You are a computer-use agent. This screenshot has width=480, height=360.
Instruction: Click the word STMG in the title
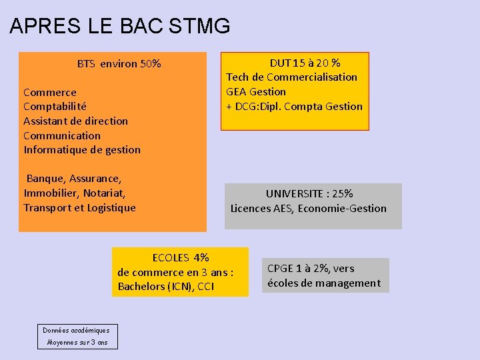(x=200, y=26)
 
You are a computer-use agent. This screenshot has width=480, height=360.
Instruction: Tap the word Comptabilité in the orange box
(x=55, y=106)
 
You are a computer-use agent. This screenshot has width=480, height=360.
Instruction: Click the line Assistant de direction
(x=75, y=121)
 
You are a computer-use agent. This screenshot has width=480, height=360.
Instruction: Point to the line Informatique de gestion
(x=82, y=149)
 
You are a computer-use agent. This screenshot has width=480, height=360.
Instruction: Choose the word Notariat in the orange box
(x=103, y=193)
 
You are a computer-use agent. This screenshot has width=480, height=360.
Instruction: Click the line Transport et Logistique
(x=79, y=207)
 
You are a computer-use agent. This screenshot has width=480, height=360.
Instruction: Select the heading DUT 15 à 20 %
(x=305, y=63)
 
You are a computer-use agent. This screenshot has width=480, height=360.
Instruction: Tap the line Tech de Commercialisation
(x=291, y=77)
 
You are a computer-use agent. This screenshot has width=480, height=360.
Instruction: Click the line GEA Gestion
(x=256, y=91)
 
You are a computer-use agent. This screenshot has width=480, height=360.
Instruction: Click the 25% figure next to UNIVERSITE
(x=342, y=193)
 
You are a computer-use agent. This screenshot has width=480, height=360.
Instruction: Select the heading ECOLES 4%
(x=180, y=257)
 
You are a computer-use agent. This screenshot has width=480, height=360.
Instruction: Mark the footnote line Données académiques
(x=76, y=330)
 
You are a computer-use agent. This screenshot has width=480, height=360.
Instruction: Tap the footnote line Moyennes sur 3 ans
(x=77, y=342)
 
